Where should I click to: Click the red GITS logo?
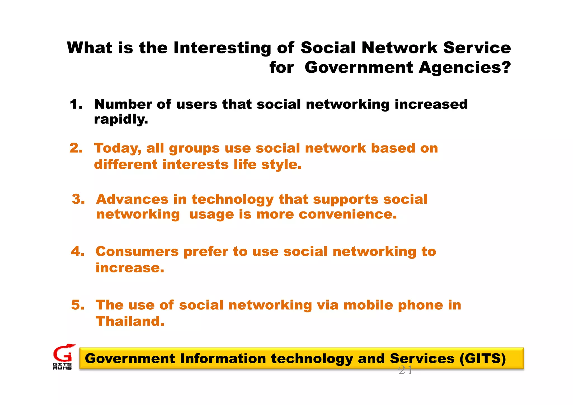pos(63,356)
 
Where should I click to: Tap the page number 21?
pos(405,371)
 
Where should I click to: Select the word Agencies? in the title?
pos(465,68)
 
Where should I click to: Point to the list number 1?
pos(76,104)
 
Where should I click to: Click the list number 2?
pos(76,148)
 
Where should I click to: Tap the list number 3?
pos(78,199)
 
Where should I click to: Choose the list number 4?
pos(78,251)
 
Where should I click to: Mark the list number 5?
pos(78,305)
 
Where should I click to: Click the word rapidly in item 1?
pos(121,119)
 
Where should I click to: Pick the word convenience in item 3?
pos(347,215)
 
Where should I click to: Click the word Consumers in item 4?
pos(137,251)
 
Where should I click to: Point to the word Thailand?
pos(130,321)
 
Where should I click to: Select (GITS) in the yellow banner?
pos(483,359)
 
